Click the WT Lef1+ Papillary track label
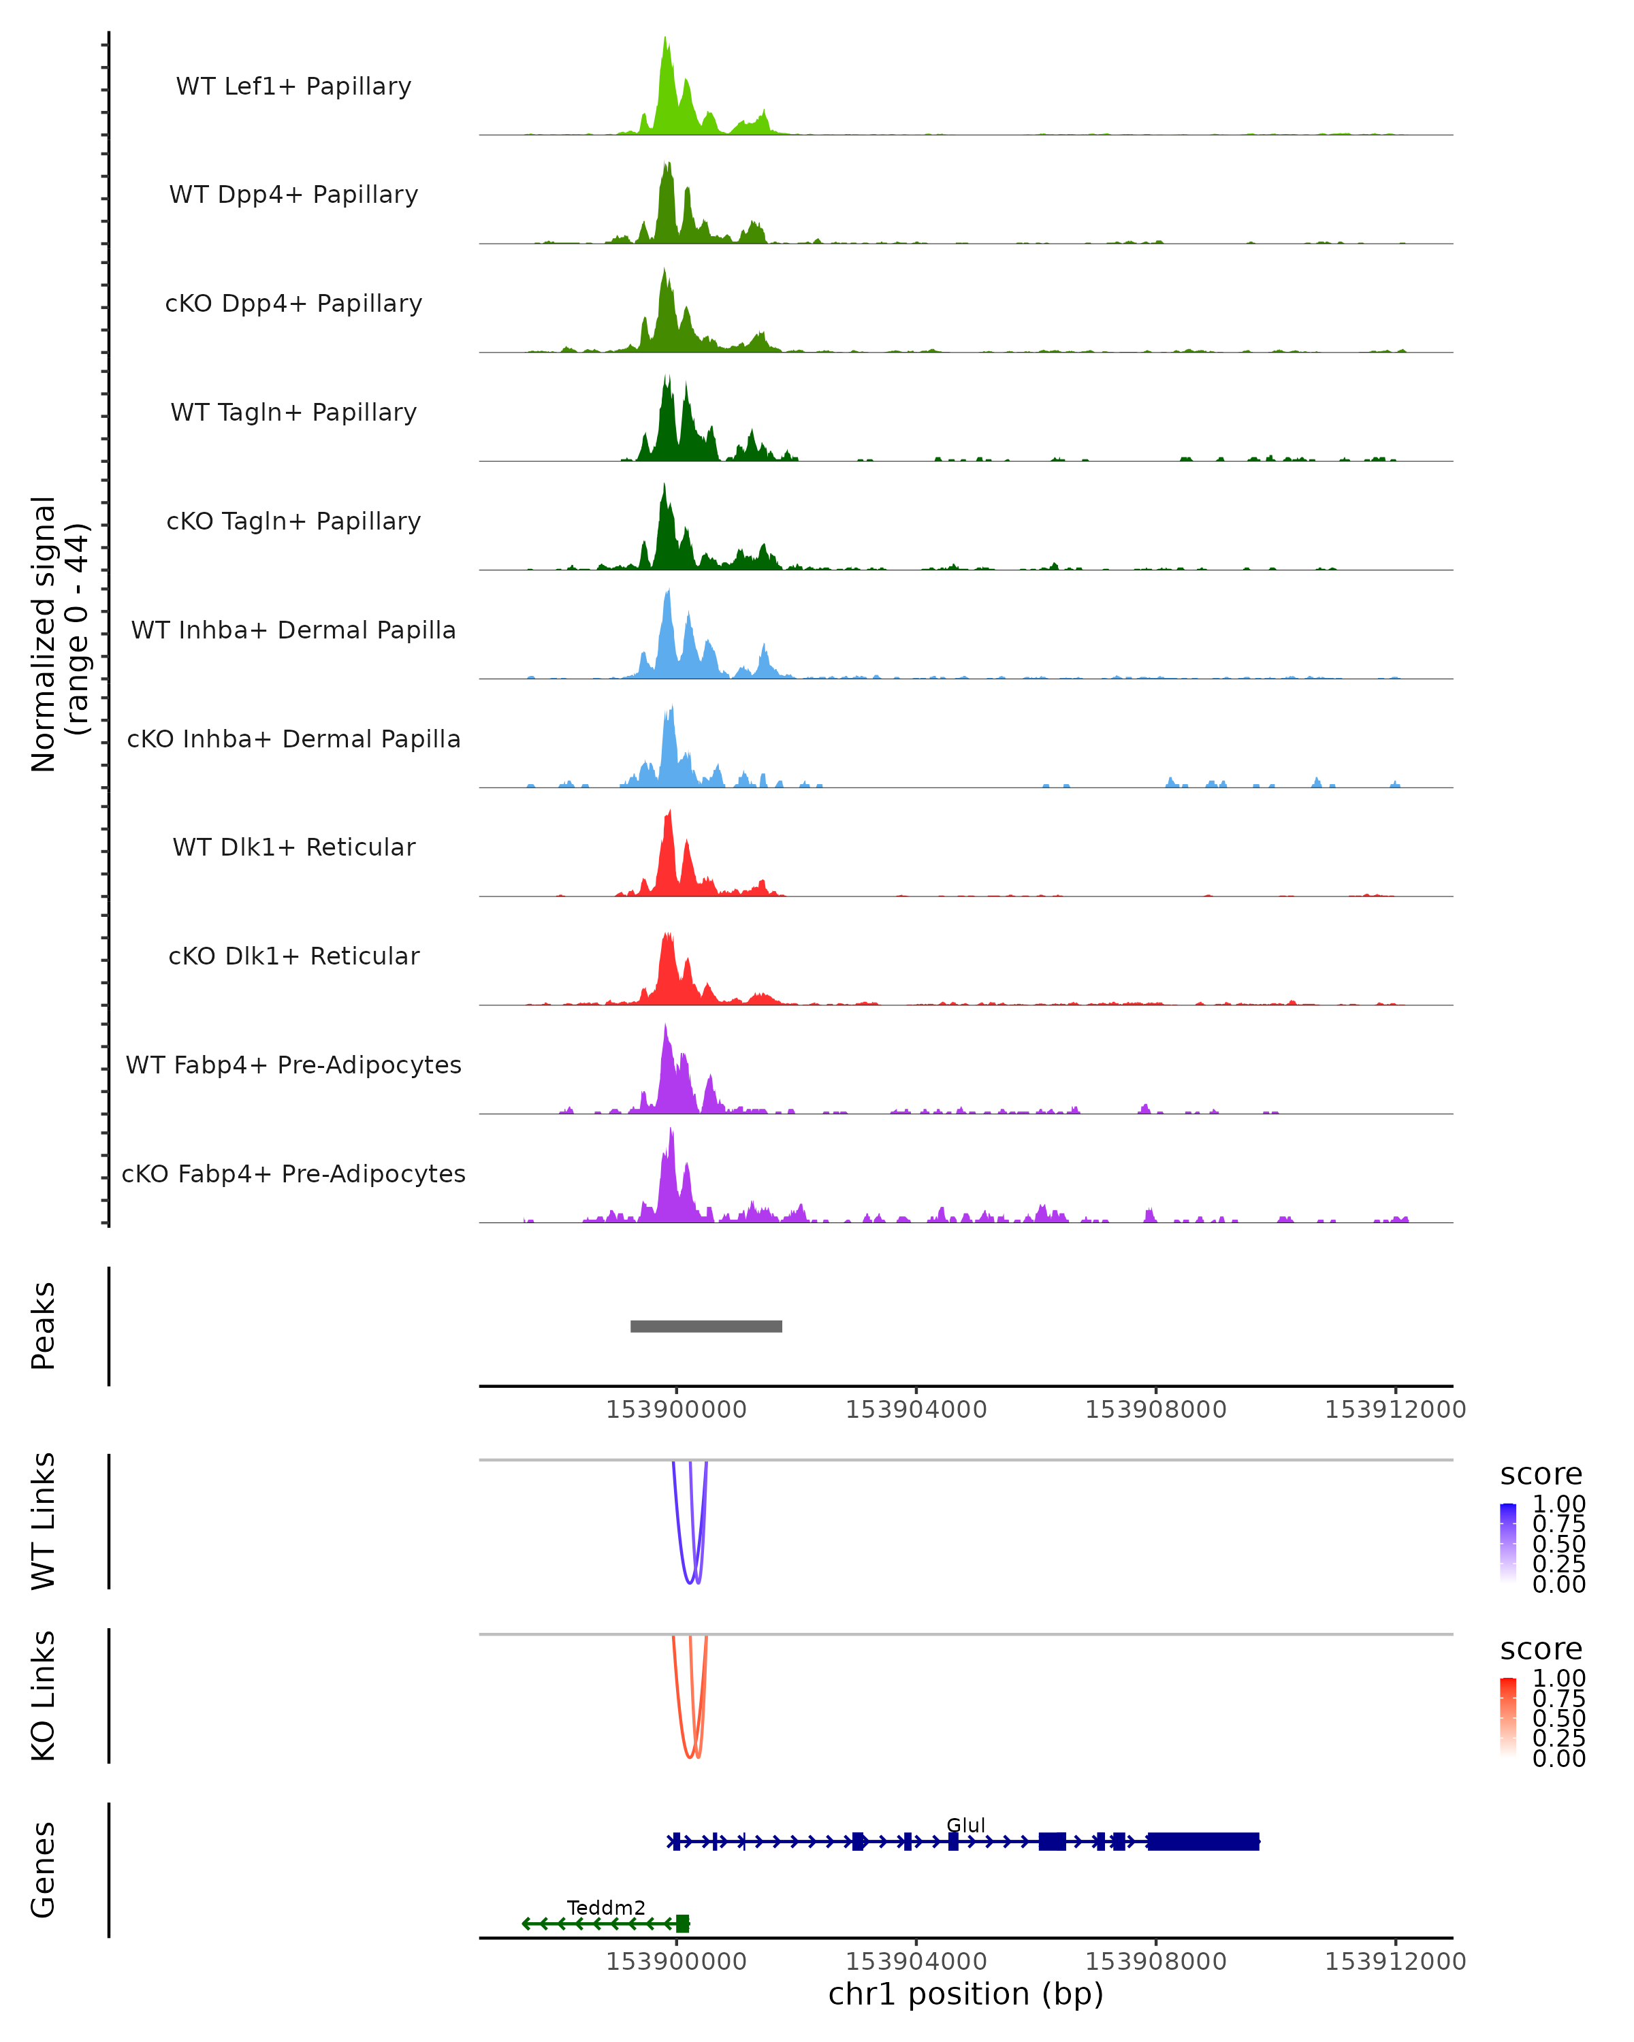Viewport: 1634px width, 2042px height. (x=293, y=86)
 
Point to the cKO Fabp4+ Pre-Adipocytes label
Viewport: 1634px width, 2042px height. (x=293, y=1173)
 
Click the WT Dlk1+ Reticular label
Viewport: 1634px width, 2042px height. (x=293, y=847)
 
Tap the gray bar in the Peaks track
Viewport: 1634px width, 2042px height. (x=706, y=1326)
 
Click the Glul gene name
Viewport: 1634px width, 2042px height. (x=965, y=1825)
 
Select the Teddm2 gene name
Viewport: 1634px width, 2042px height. (x=606, y=1907)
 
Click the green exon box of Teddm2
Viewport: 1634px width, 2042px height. (x=682, y=1923)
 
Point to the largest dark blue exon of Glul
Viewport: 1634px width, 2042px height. (x=1203, y=1841)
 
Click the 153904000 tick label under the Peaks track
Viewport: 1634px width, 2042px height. (x=916, y=1410)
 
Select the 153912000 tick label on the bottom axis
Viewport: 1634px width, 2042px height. (x=1394, y=1962)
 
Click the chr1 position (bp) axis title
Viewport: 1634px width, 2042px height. (x=965, y=1994)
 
